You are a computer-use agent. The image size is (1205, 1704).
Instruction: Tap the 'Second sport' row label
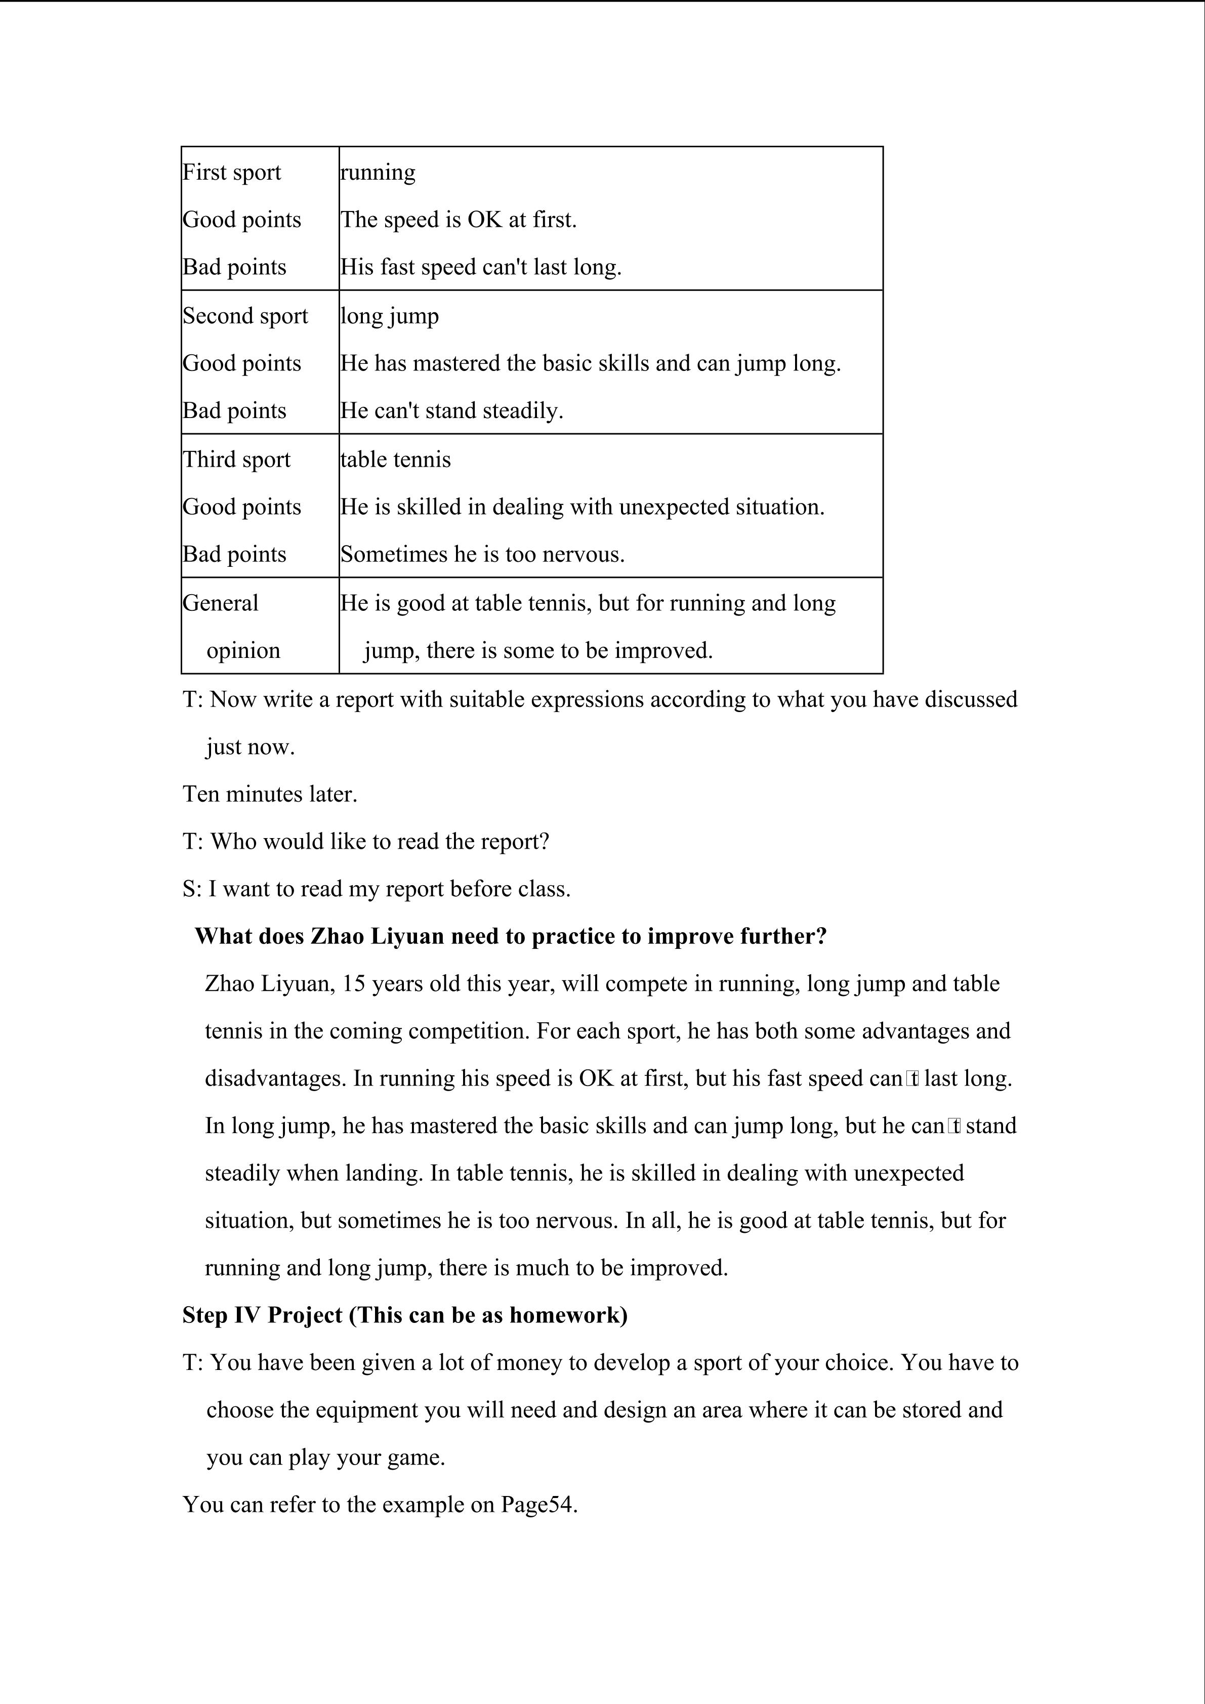[245, 316]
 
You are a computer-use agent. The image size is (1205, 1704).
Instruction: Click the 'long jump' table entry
[390, 316]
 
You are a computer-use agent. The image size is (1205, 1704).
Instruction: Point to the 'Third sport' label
[237, 460]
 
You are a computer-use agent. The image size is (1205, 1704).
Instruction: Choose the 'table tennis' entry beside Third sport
[395, 460]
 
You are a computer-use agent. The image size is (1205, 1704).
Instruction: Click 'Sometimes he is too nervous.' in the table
[482, 554]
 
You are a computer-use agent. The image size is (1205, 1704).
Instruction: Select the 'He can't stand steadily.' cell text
[452, 411]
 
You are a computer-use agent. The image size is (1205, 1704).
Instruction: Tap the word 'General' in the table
[220, 603]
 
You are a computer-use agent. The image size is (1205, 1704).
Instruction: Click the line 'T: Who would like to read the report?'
[366, 842]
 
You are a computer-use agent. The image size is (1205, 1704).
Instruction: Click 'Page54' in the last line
[538, 1505]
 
